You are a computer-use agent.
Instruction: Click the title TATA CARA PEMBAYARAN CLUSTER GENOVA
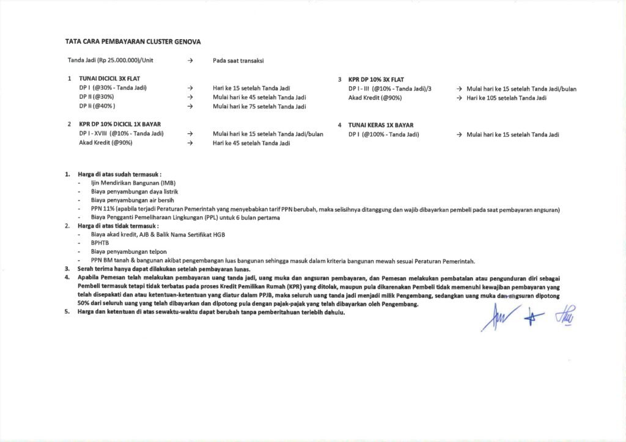click(133, 42)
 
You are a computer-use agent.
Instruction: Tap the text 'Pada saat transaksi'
click(238, 60)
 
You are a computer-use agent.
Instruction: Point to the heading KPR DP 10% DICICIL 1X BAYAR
click(116, 124)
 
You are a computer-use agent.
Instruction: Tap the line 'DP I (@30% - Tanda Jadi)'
click(112, 88)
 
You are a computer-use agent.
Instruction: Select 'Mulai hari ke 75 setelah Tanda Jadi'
click(259, 107)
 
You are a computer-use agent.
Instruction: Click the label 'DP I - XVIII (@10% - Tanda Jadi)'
click(121, 134)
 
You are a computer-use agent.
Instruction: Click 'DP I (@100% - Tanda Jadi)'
click(383, 134)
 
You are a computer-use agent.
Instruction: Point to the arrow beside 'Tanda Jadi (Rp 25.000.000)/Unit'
click(191, 60)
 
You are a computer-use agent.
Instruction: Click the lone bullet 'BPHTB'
click(99, 242)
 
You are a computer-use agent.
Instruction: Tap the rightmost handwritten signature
click(565, 316)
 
